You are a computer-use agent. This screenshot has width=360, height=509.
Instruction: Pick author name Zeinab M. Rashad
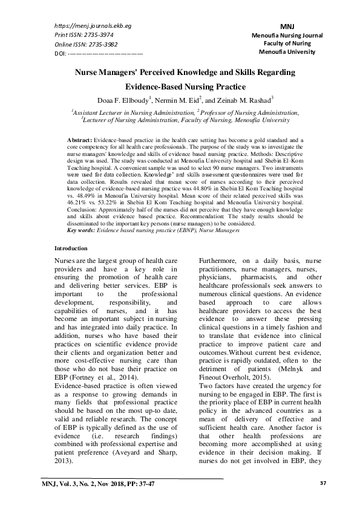pyautogui.click(x=242, y=100)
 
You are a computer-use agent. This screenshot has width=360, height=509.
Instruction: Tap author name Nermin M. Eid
pyautogui.click(x=186, y=100)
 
